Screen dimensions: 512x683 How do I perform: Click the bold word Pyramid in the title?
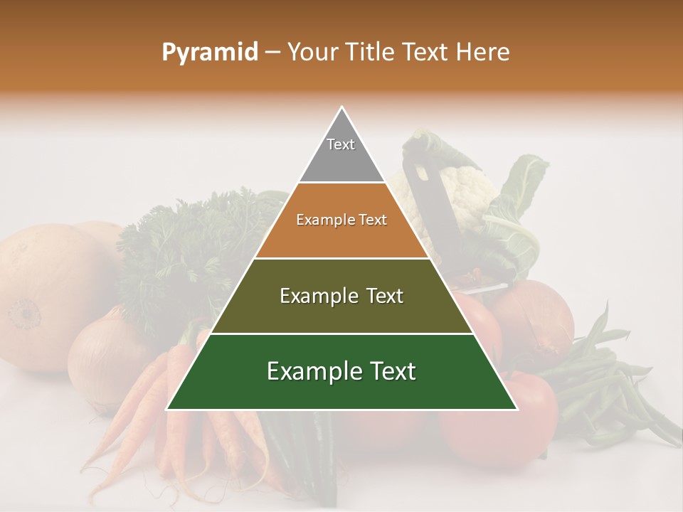click(x=210, y=53)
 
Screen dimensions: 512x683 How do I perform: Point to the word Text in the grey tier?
click(x=341, y=144)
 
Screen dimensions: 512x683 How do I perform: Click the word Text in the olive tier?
click(x=381, y=296)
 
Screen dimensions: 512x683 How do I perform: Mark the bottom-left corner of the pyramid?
click(x=168, y=409)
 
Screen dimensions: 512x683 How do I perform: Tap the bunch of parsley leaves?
click(x=185, y=249)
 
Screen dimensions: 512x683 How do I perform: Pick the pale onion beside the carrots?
click(x=107, y=356)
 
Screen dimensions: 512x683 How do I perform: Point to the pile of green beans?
click(x=605, y=384)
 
